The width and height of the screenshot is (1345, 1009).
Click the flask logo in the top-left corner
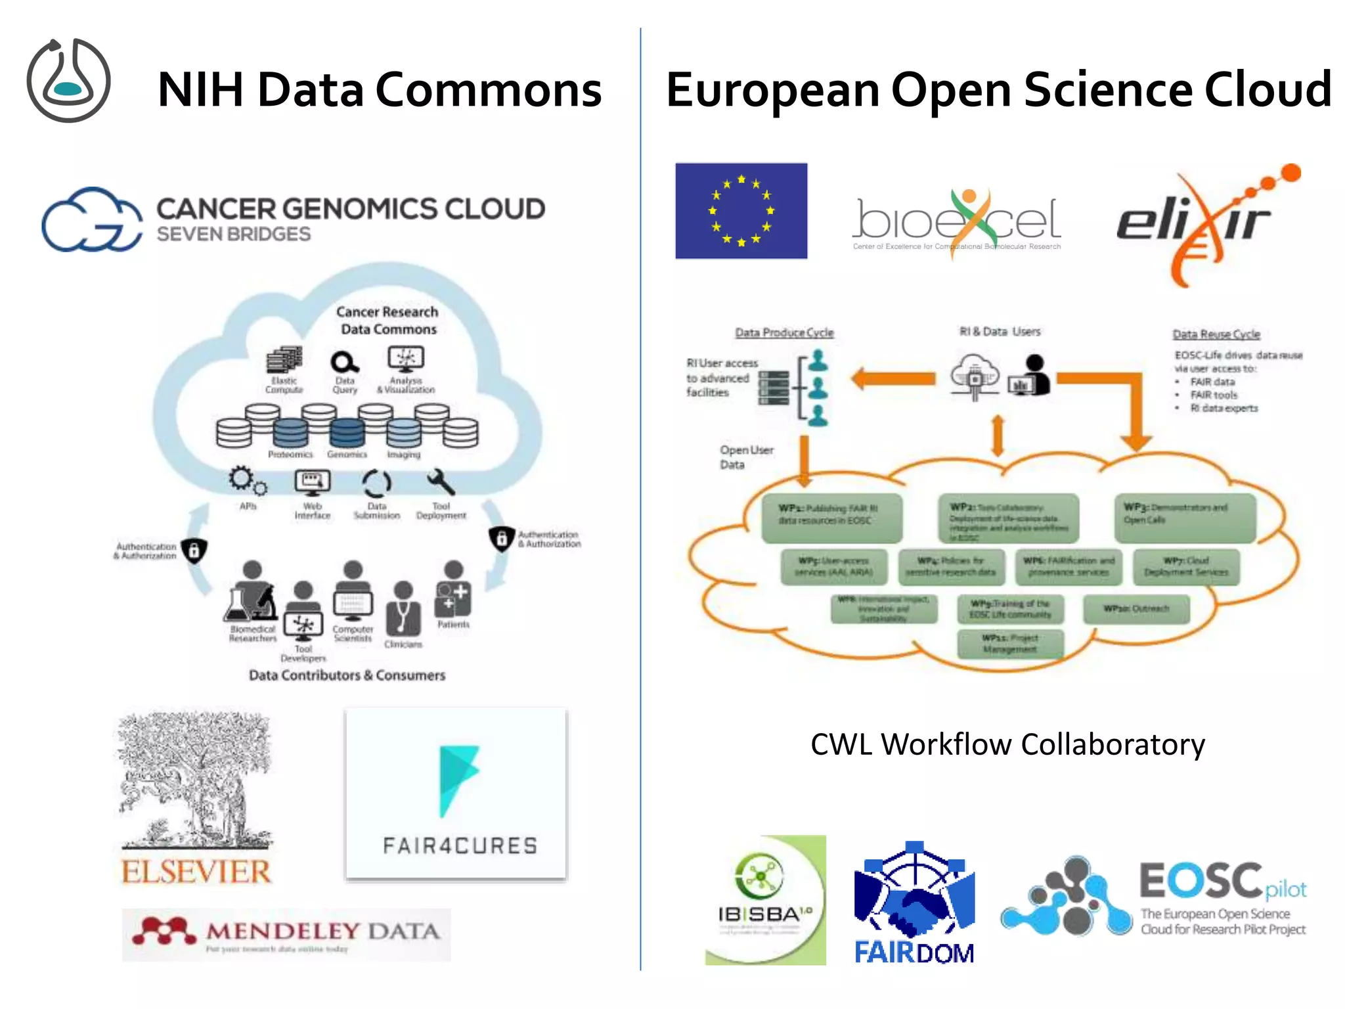coord(68,80)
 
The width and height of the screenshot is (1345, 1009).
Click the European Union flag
coord(741,211)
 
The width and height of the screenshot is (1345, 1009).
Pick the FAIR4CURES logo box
coord(456,794)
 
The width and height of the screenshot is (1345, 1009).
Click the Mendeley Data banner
coord(286,934)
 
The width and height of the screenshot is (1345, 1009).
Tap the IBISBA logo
coord(765,900)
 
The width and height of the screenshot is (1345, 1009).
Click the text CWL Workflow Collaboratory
coord(1007,744)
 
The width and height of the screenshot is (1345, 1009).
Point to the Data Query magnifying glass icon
coord(344,362)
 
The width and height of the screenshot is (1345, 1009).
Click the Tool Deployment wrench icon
coord(441,483)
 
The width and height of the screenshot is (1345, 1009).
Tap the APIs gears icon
coord(247,481)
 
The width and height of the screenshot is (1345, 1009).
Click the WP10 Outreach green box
coord(1136,609)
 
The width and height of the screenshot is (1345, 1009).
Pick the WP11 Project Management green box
coord(1010,643)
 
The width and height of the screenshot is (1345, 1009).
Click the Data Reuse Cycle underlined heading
coord(1216,334)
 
